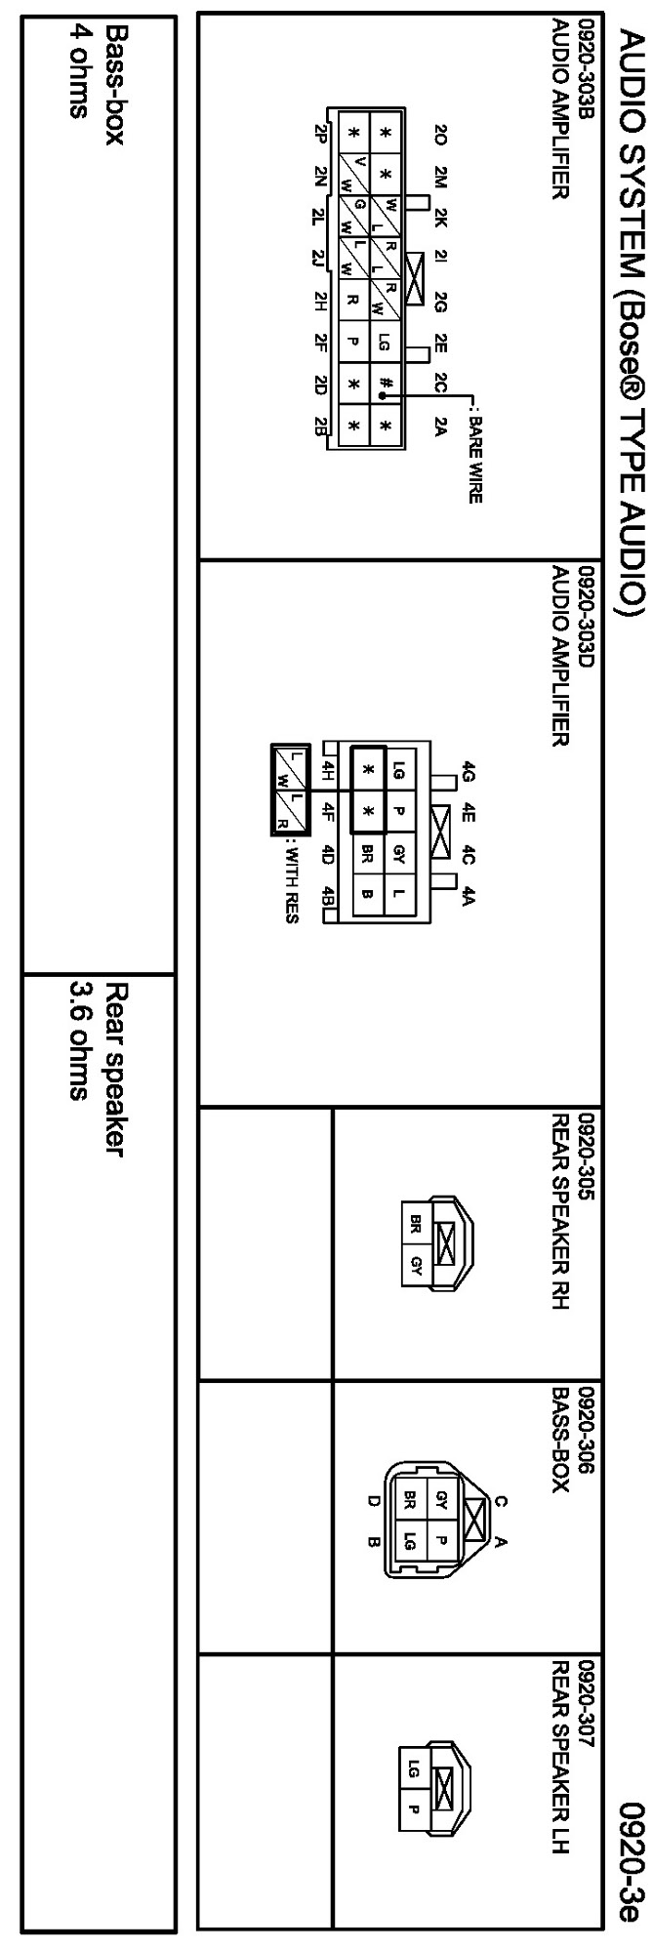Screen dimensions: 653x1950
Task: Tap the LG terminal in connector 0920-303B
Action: [387, 342]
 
